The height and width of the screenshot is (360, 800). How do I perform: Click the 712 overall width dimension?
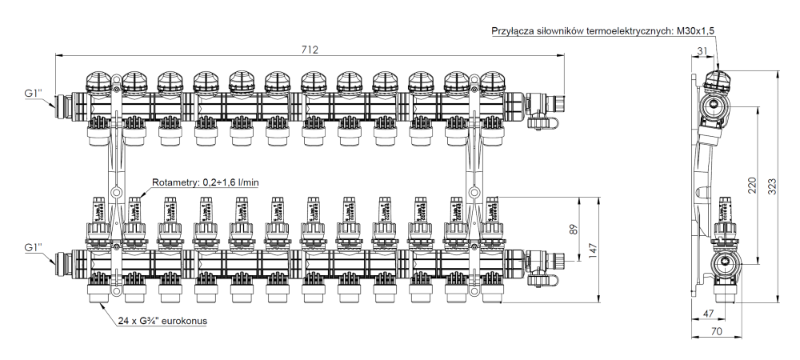[x=310, y=50]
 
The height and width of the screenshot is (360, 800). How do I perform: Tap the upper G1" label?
[x=34, y=94]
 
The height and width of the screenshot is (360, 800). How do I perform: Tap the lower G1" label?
[x=34, y=246]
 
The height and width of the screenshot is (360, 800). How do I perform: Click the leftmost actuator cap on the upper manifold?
[x=98, y=81]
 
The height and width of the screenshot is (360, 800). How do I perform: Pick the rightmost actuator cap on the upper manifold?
[x=490, y=81]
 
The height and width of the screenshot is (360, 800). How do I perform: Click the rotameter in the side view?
[x=725, y=211]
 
